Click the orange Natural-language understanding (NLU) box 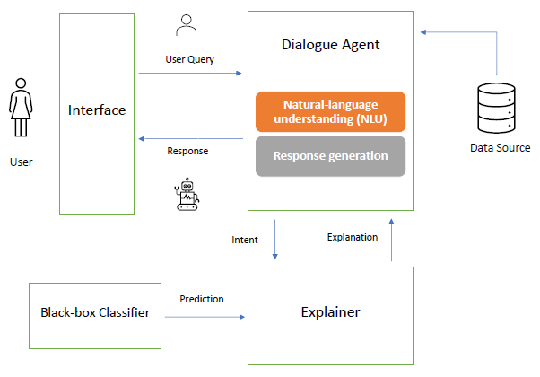330,111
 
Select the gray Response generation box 330,155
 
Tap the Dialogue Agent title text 330,43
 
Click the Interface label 97,111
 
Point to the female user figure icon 19,110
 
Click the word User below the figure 21,162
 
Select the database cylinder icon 498,105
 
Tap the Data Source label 500,148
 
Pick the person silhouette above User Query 187,26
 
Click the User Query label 190,59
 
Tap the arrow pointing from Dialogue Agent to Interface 189,138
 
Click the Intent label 244,240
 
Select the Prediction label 202,299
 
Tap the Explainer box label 330,313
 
